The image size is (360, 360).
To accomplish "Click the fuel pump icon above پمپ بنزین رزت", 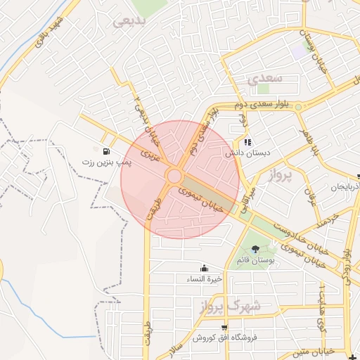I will pyautogui.click(x=106, y=151).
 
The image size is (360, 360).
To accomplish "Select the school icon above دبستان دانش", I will pyautogui.click(x=247, y=142).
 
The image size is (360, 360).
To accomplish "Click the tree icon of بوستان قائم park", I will pyautogui.click(x=255, y=249).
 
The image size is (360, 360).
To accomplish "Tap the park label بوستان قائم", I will pyautogui.click(x=260, y=260).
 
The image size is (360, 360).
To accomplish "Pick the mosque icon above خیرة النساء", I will pyautogui.click(x=204, y=268).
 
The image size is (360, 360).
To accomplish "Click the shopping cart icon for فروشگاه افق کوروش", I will pyautogui.click(x=224, y=327).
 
